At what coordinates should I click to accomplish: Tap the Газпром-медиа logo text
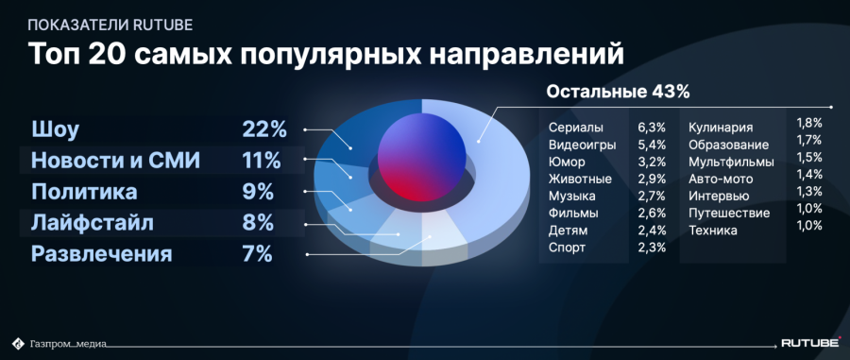68,343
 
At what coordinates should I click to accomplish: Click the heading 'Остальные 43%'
618,92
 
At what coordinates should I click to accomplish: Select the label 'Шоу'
56,130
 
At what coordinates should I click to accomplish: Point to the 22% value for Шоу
264,129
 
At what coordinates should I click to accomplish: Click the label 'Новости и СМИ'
115,161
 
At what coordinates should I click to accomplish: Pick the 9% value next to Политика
258,193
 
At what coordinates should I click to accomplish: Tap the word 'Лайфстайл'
93,223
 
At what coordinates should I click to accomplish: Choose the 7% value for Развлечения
257,254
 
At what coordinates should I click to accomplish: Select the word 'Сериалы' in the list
576,129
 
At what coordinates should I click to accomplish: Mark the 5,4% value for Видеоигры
652,146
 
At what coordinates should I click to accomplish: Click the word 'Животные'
580,180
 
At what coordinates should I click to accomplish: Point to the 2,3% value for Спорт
652,248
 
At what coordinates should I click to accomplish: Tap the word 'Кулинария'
721,129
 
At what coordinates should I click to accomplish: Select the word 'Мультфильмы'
731,163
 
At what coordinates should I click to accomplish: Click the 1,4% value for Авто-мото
809,175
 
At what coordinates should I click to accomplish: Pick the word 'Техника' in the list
713,231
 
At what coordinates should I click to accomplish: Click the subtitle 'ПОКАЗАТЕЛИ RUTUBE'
110,25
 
